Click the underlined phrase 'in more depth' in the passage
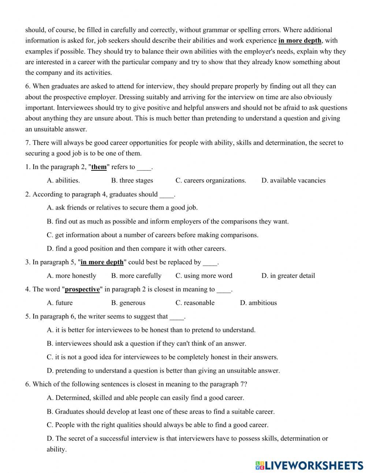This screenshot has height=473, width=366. (x=300, y=41)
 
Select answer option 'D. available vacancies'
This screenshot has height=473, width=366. (x=293, y=180)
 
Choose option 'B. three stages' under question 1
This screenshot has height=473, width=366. (x=132, y=180)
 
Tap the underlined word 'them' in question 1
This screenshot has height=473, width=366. (x=99, y=167)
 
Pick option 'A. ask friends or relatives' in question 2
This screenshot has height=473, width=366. (x=122, y=207)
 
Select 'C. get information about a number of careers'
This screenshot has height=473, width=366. (x=153, y=235)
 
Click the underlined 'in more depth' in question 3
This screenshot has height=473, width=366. (x=102, y=262)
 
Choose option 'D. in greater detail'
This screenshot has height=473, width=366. (x=288, y=276)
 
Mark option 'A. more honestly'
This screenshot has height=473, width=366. (x=71, y=276)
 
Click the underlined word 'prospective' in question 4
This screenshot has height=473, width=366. (x=82, y=289)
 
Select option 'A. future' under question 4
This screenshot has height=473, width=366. (x=60, y=303)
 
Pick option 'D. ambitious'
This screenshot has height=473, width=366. (x=258, y=303)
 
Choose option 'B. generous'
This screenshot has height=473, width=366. (x=128, y=303)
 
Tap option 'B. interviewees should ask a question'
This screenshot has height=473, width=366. (x=146, y=343)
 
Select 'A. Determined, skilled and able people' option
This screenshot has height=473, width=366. (x=145, y=398)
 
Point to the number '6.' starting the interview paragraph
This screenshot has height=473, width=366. (x=28, y=86)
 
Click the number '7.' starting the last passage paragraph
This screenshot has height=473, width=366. (x=28, y=143)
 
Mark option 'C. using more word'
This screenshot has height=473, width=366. (x=204, y=276)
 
